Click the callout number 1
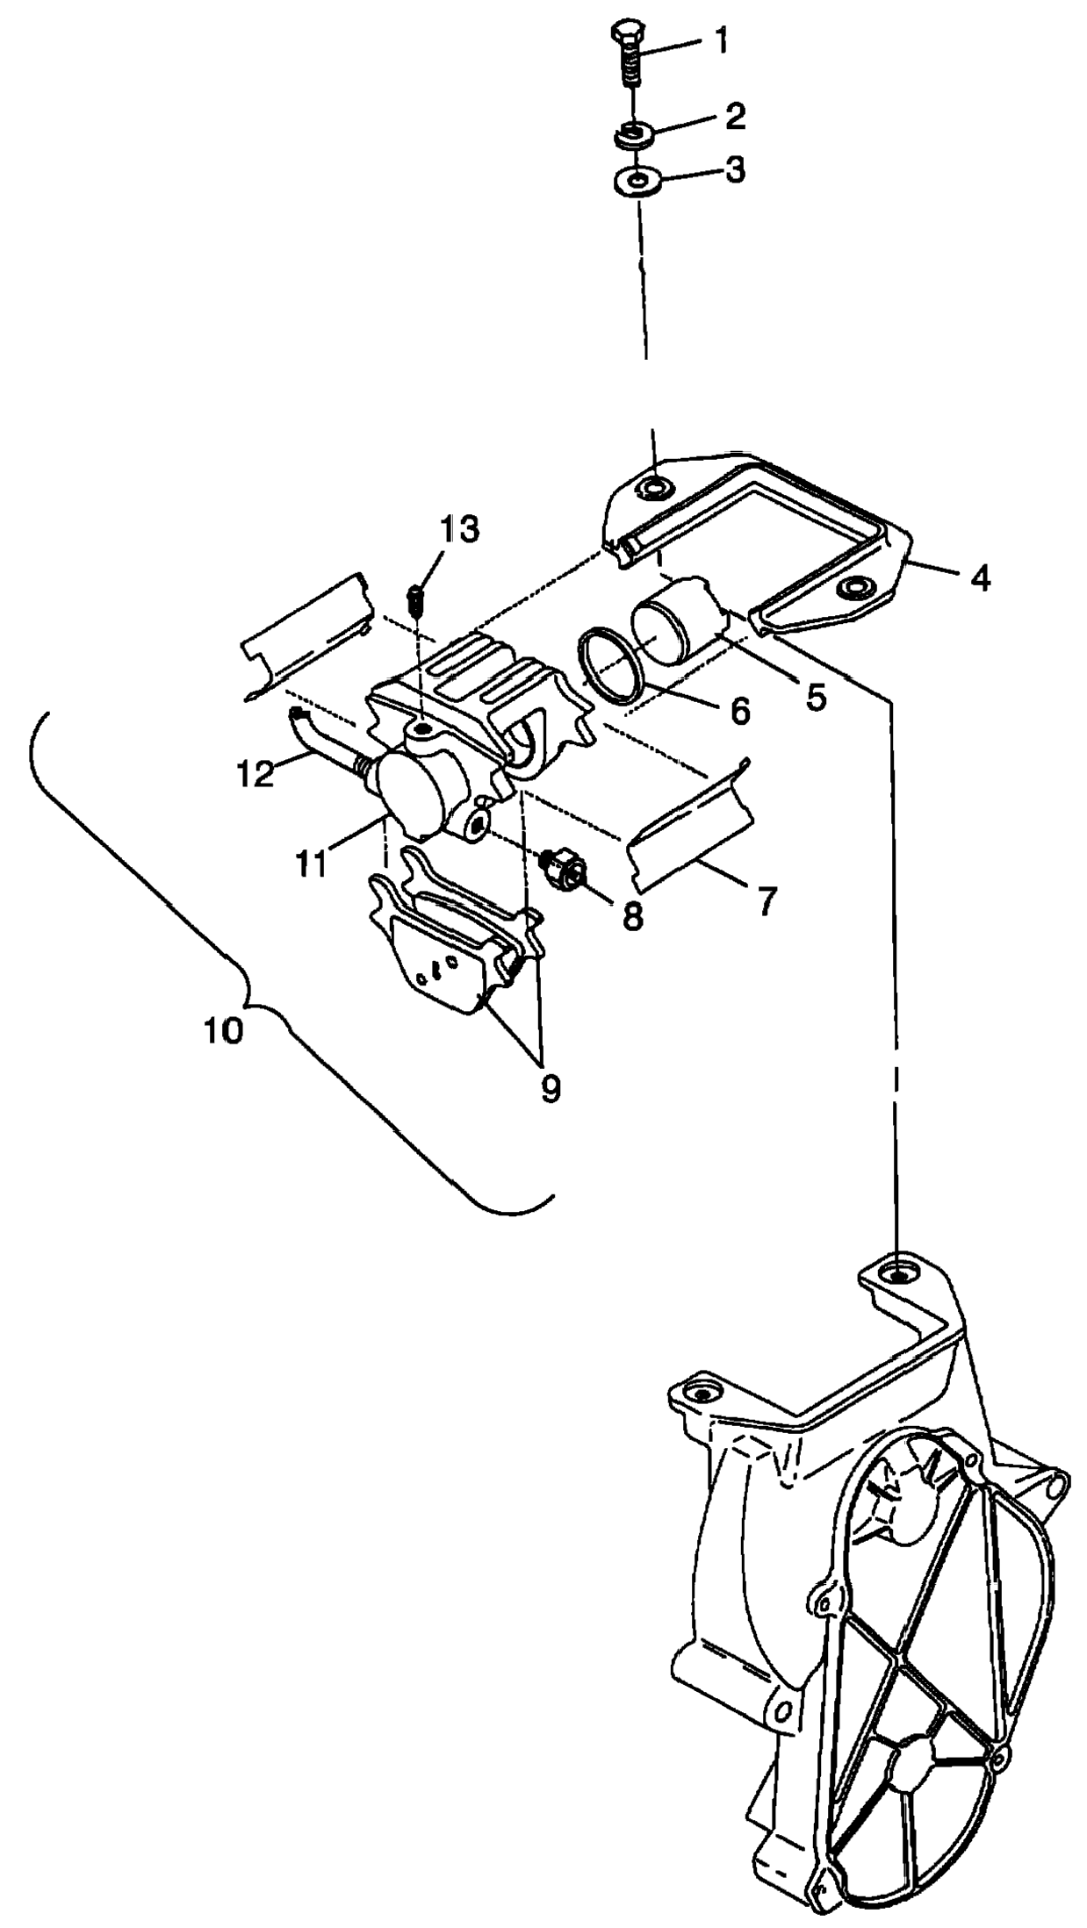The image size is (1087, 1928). (x=720, y=41)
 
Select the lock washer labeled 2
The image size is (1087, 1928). (x=632, y=134)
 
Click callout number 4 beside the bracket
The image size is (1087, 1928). (x=980, y=577)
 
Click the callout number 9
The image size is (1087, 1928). (x=550, y=1087)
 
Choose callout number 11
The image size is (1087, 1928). (x=311, y=863)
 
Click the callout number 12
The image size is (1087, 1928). (x=256, y=774)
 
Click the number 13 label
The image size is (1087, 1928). (x=460, y=529)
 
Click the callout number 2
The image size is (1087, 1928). (x=735, y=117)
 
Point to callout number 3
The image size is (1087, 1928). (x=735, y=170)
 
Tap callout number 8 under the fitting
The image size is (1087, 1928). (x=631, y=915)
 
